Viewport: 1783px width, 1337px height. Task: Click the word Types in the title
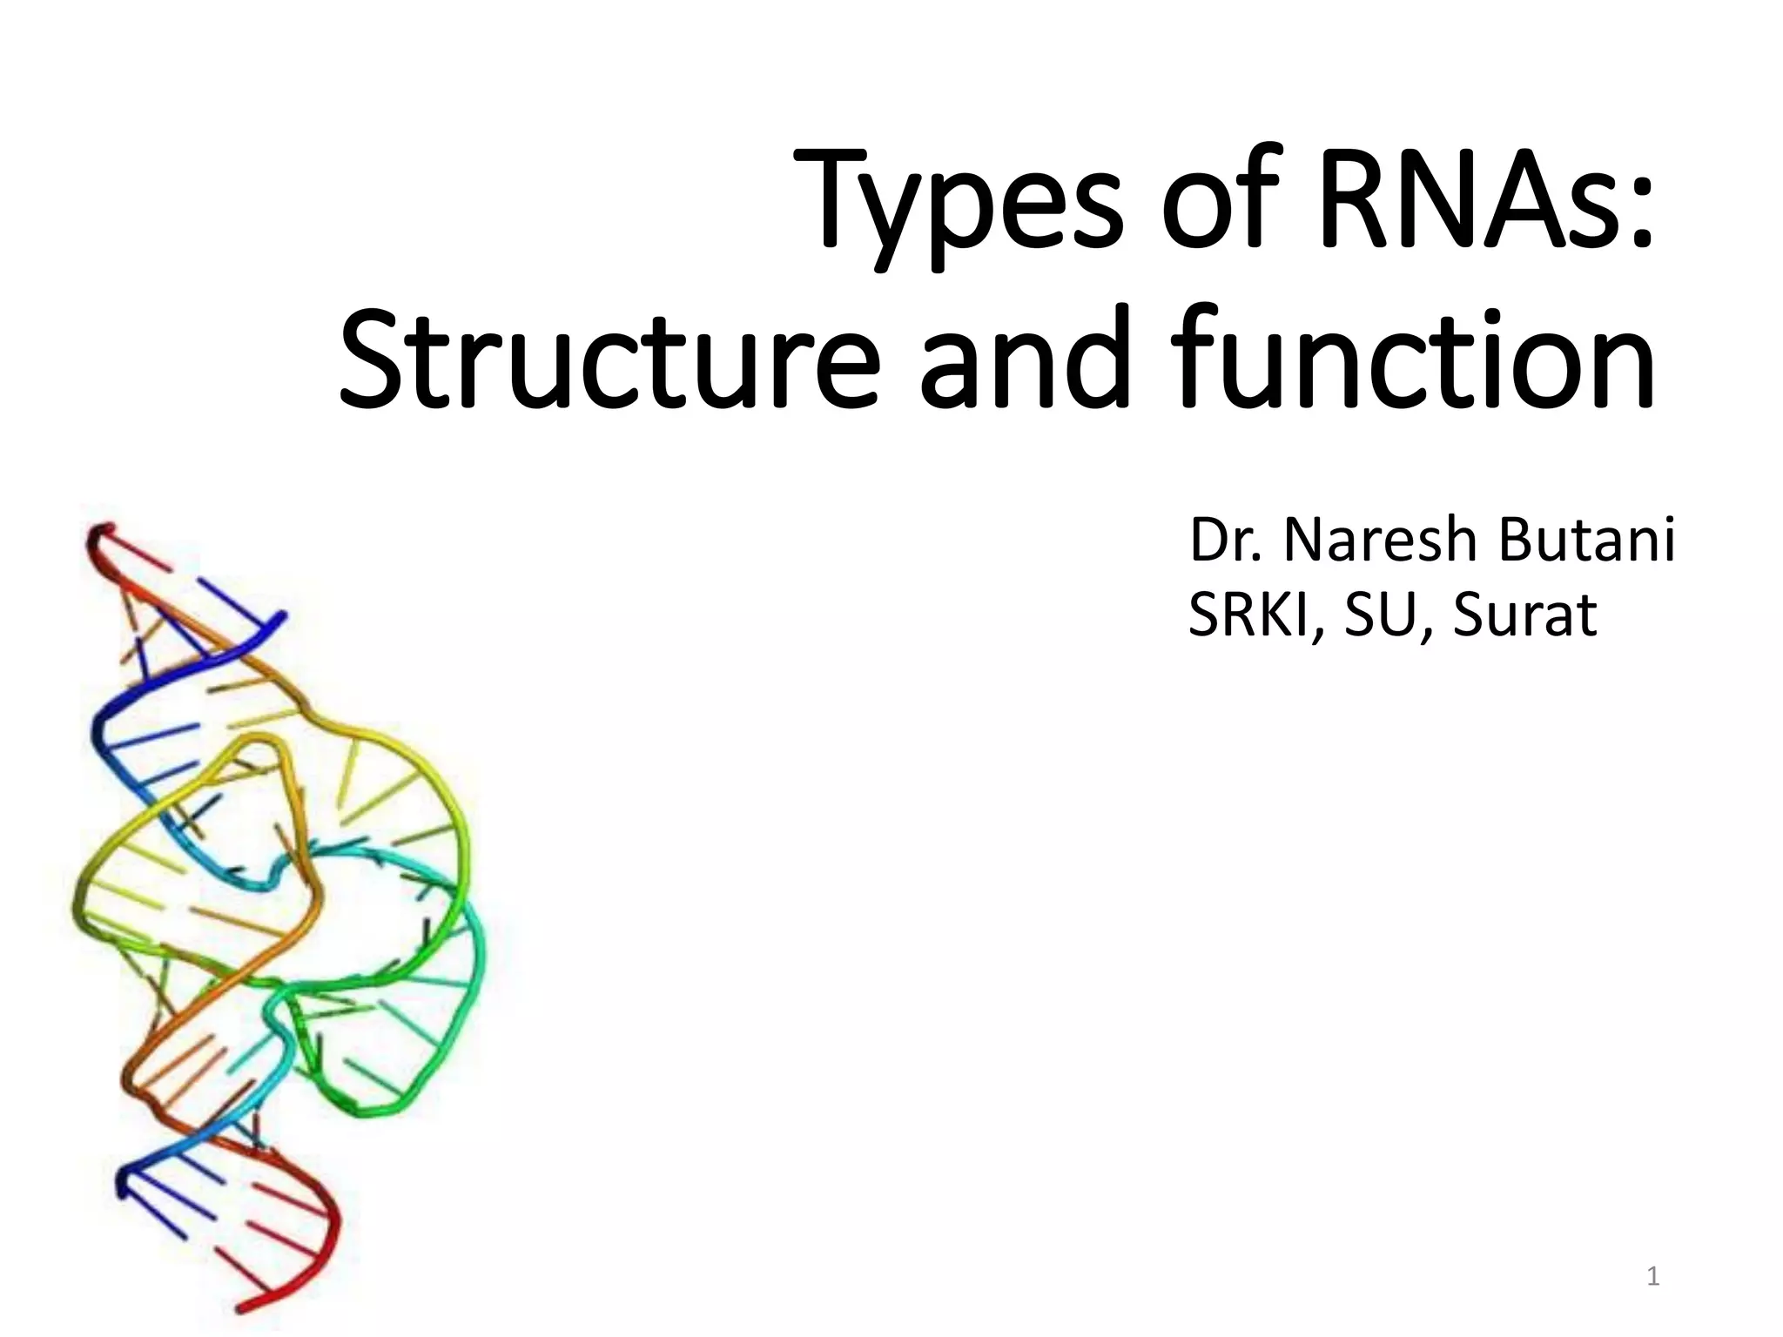coord(952,205)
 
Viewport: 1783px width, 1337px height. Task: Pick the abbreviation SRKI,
coord(1259,615)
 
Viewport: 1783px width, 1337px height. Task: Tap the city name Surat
coord(1524,615)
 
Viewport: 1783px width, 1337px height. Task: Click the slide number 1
coord(1653,1277)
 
